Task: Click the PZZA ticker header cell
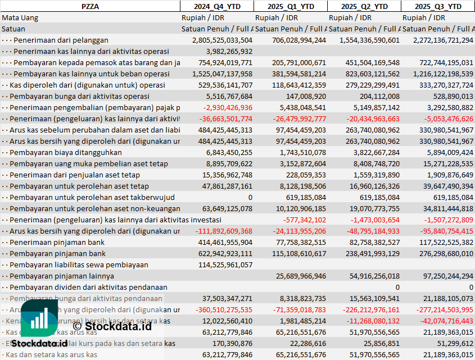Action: coord(90,6)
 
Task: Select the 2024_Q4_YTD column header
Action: coord(216,6)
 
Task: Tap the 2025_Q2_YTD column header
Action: coord(364,6)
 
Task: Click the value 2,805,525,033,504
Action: coord(222,40)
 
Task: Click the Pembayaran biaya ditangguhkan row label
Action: coord(65,152)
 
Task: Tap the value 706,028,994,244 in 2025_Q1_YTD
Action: coord(291,40)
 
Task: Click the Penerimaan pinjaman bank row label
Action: coord(57,242)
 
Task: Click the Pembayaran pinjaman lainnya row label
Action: coord(62,276)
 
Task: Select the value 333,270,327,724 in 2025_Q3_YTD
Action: coord(438,85)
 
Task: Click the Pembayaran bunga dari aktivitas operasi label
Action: coord(79,96)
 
